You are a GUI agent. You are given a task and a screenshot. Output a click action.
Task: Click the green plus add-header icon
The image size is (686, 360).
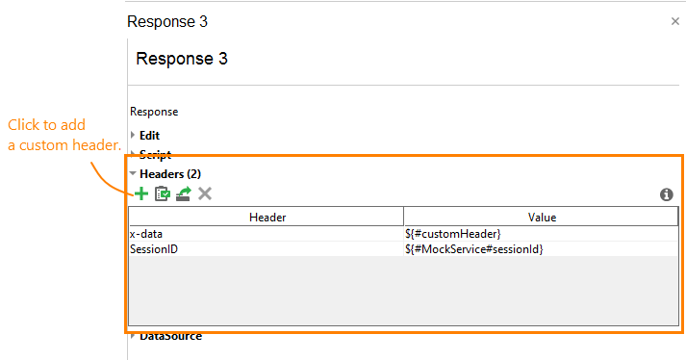[x=141, y=193]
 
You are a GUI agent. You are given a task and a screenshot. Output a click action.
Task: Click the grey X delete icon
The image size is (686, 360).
[x=205, y=193]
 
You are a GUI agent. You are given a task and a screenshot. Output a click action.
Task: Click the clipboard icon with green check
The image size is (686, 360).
[x=163, y=193]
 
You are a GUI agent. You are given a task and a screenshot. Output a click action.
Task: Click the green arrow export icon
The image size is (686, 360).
[x=184, y=193]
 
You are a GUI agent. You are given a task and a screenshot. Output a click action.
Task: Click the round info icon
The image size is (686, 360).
[x=666, y=194]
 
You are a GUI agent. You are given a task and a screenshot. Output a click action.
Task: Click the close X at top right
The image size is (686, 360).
[x=675, y=21]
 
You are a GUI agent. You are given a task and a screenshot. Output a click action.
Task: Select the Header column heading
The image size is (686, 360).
[x=267, y=218]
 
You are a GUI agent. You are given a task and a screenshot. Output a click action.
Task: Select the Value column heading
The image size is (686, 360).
[x=542, y=218]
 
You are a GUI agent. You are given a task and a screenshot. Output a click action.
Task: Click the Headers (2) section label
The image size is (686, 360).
[x=169, y=173]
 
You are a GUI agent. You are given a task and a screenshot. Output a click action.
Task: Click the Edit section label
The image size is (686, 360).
[x=149, y=136]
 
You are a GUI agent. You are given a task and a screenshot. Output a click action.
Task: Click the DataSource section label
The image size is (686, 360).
[x=170, y=336]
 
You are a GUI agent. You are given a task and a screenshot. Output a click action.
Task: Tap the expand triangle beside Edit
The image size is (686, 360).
[x=133, y=136]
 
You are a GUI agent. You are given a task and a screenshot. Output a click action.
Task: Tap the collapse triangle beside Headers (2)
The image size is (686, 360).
[x=133, y=173]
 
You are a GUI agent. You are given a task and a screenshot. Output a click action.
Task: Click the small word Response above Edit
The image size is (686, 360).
[x=153, y=112]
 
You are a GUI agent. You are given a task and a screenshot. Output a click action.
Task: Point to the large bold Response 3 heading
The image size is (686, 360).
[x=182, y=59]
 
